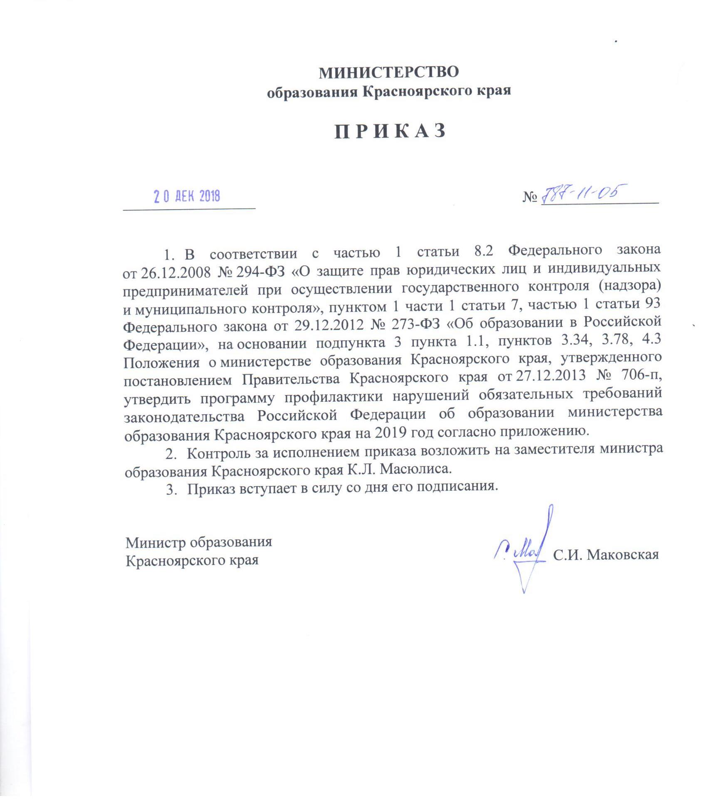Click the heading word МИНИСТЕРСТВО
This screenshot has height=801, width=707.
pyautogui.click(x=388, y=72)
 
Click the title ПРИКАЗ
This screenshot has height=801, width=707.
pyautogui.click(x=390, y=131)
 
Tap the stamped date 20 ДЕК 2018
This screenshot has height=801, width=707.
pyautogui.click(x=187, y=196)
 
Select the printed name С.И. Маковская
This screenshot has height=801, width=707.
pyautogui.click(x=606, y=555)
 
